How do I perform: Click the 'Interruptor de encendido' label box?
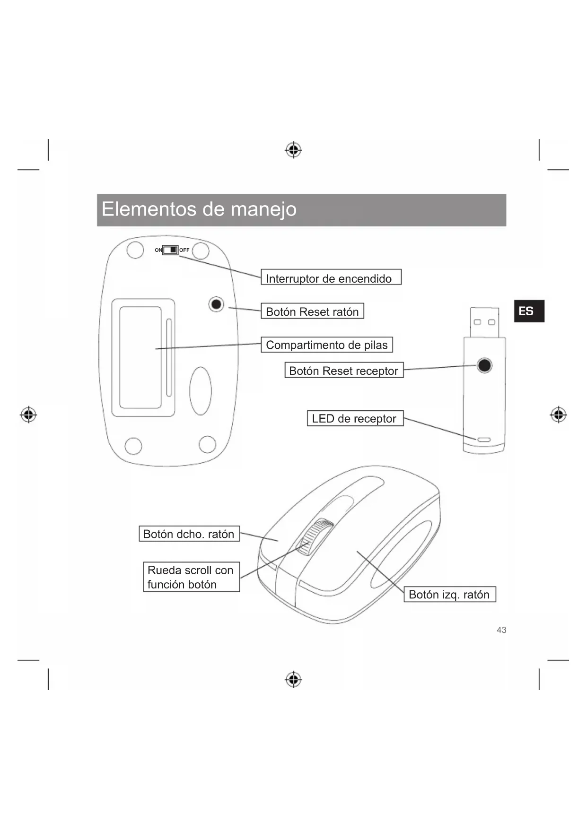click(331, 277)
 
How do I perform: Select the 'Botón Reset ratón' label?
click(312, 311)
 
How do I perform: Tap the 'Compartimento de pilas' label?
click(327, 345)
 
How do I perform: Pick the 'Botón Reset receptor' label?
click(343, 371)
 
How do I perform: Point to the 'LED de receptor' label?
click(355, 418)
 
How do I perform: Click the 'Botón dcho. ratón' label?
click(189, 534)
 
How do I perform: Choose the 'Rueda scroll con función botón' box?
click(191, 577)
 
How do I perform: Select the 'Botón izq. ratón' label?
click(449, 594)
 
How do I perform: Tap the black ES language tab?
click(529, 311)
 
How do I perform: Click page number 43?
click(501, 630)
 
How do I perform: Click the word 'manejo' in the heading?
click(263, 209)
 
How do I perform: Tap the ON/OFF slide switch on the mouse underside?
click(170, 250)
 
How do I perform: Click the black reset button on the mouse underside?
click(216, 304)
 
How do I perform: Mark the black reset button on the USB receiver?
click(484, 365)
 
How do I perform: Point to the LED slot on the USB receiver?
click(484, 440)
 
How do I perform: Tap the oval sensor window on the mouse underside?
click(201, 391)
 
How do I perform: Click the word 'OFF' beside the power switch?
click(184, 250)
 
